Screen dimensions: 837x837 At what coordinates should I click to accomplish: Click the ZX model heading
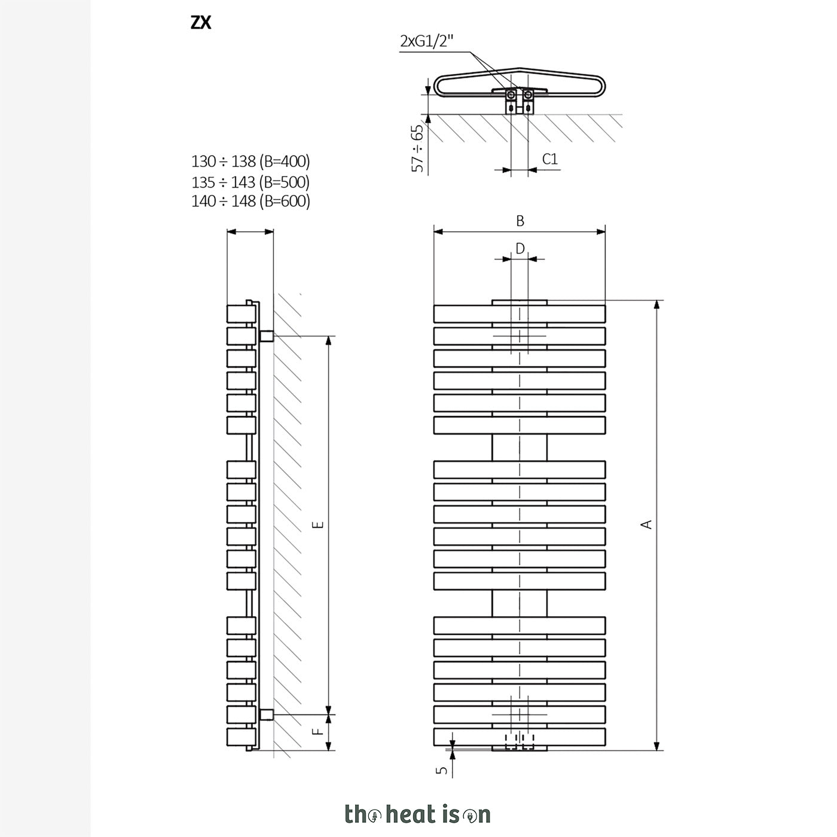tap(201, 23)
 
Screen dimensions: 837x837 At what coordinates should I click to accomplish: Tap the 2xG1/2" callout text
tap(426, 41)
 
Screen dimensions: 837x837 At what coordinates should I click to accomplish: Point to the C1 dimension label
tap(549, 159)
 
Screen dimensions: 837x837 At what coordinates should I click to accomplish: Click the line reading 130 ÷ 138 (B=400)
tap(251, 161)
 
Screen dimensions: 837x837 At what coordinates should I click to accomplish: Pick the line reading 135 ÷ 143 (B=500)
tap(251, 182)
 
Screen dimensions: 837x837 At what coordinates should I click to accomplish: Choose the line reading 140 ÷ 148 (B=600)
tap(251, 201)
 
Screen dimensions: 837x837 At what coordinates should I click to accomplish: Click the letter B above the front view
tap(520, 221)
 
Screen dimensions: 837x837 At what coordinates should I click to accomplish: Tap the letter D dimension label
tap(520, 249)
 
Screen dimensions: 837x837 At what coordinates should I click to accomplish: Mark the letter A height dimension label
tap(647, 524)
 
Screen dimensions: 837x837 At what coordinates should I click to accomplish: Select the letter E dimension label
tap(319, 525)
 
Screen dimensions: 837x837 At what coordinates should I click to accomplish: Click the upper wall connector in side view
tap(266, 336)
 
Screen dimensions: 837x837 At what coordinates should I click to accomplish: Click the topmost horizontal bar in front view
tap(520, 314)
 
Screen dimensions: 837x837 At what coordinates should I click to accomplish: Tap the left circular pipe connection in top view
tap(512, 94)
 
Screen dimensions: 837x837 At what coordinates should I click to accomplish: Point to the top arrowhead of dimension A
tap(658, 304)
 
